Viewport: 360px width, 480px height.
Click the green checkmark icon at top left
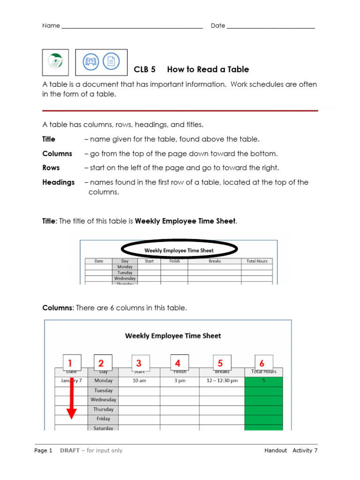55,61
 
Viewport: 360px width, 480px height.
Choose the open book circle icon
90,61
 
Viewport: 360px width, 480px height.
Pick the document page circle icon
111,61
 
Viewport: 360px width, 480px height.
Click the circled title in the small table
180,250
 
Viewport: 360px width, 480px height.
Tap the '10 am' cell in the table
139,381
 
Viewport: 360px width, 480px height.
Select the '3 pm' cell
180,381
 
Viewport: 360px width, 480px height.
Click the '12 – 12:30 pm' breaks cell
222,381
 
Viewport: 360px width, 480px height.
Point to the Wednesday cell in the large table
103,400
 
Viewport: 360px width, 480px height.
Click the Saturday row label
103,428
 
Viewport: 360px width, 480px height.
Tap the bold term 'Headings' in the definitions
59,182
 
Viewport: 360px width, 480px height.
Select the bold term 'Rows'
51,168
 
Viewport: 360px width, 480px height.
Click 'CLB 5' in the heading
144,69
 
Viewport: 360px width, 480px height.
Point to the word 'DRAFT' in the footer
69,450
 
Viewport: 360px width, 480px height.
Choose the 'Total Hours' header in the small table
257,261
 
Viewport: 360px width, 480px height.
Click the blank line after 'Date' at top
270,26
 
